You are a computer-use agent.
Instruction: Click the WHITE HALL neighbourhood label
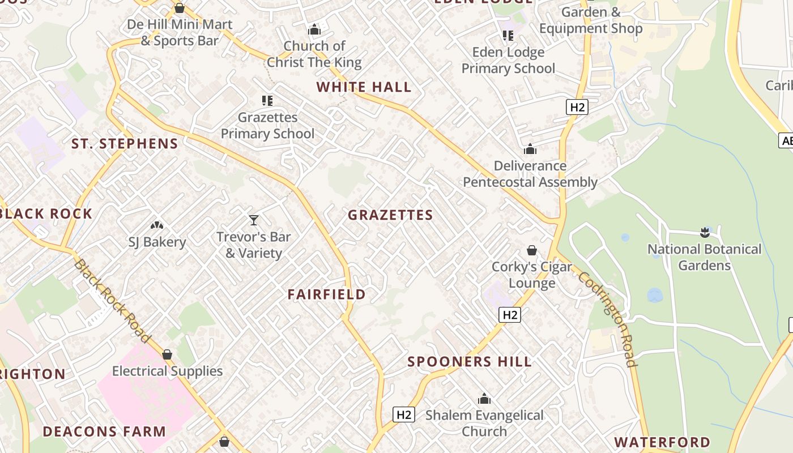tap(364, 87)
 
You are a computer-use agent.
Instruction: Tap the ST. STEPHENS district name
tap(125, 144)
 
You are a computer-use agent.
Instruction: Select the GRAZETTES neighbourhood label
tap(390, 215)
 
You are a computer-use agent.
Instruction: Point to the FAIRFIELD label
tap(326, 294)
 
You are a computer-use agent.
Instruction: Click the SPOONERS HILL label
tap(470, 362)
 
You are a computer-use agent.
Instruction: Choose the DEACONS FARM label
tap(104, 431)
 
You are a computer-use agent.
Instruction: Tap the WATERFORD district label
tap(662, 442)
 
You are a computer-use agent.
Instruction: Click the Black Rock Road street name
tap(112, 301)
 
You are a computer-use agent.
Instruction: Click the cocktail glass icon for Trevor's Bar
tap(254, 220)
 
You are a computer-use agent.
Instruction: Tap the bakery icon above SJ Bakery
tap(157, 225)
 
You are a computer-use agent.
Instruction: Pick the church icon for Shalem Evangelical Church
tap(484, 399)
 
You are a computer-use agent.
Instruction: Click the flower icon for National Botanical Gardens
tap(705, 232)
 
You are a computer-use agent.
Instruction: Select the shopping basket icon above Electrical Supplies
tap(167, 354)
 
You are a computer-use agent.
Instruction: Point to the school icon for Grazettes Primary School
tap(267, 101)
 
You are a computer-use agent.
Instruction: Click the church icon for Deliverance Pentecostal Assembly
tap(530, 149)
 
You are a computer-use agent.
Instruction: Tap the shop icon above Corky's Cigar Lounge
tap(532, 250)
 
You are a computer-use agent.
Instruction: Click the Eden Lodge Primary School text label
tap(508, 61)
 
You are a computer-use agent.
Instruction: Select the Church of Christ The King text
tap(314, 54)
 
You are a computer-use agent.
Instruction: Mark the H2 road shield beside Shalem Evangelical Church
tap(404, 414)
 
